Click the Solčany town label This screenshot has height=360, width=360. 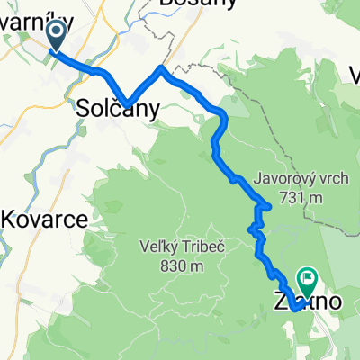(x=119, y=110)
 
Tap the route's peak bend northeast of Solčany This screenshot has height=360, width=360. (x=161, y=67)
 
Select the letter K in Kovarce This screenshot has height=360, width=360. (x=9, y=219)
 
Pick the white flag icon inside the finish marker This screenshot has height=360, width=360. (x=308, y=280)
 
